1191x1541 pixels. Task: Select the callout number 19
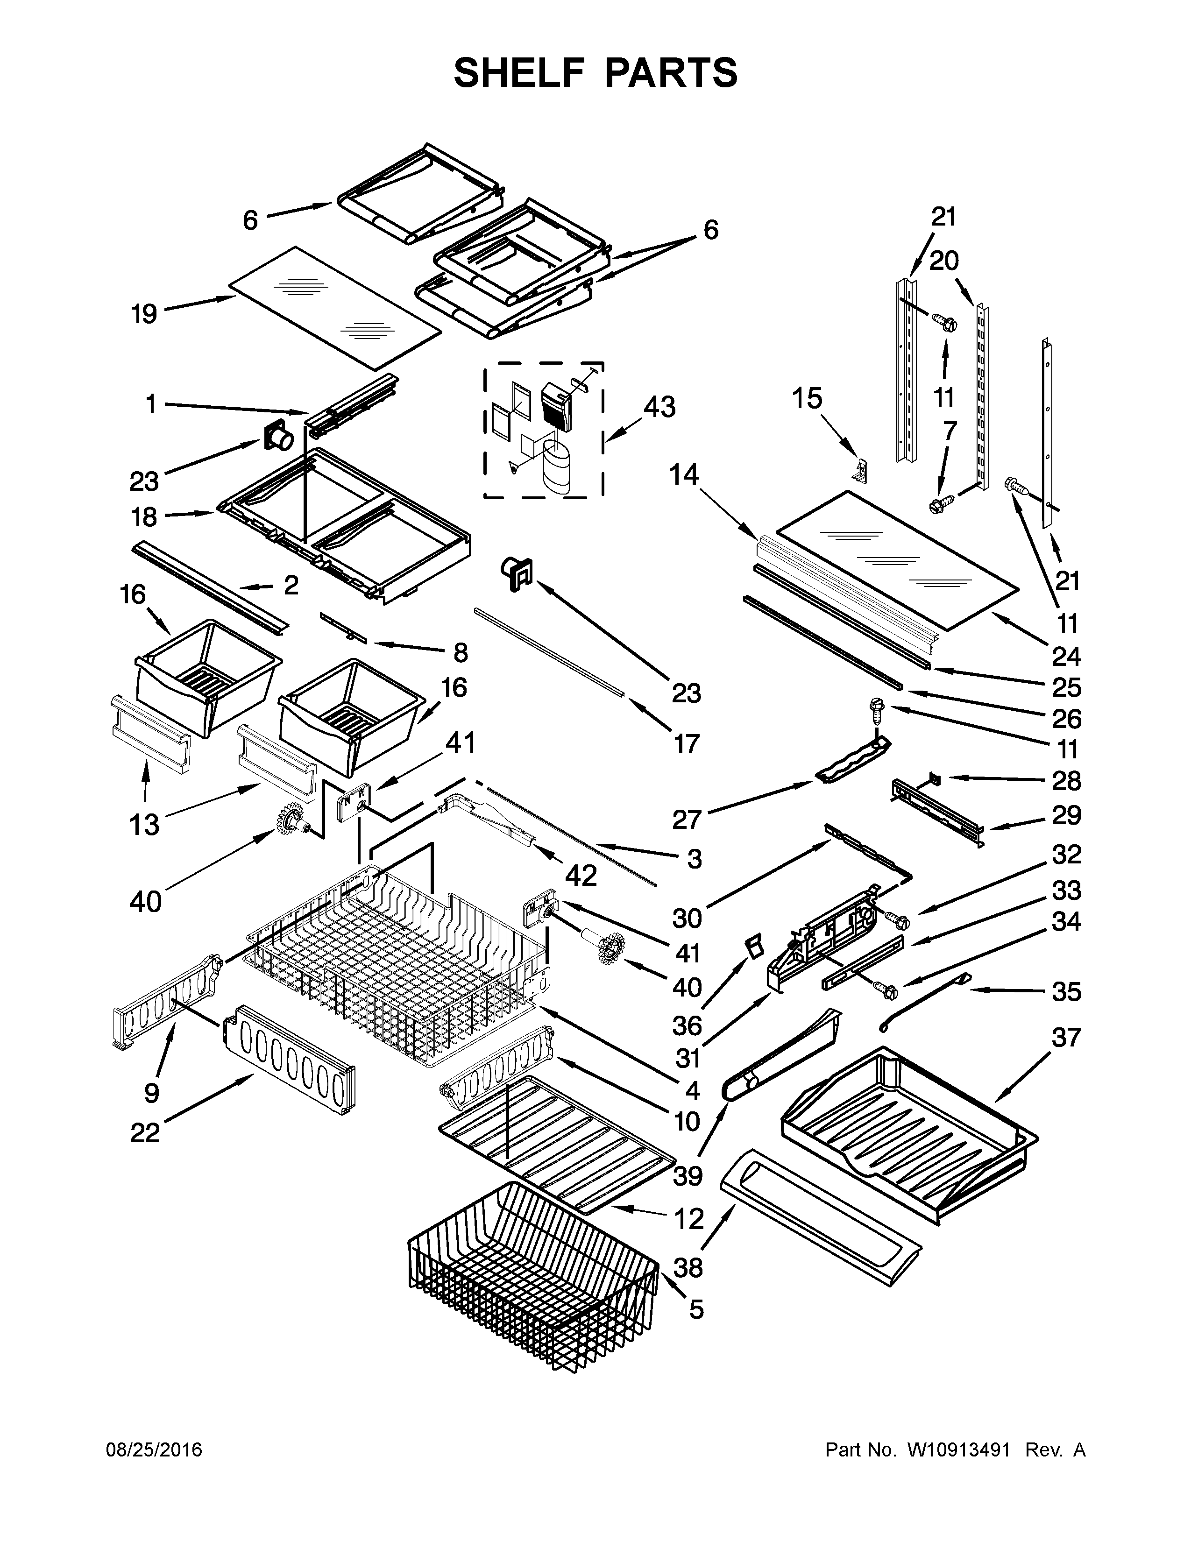144,314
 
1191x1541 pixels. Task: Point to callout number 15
807,399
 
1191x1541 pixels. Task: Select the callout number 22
145,1132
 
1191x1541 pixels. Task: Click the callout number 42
581,876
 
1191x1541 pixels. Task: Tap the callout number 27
687,819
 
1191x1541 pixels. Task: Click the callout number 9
152,1093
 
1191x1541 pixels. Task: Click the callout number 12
688,1218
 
